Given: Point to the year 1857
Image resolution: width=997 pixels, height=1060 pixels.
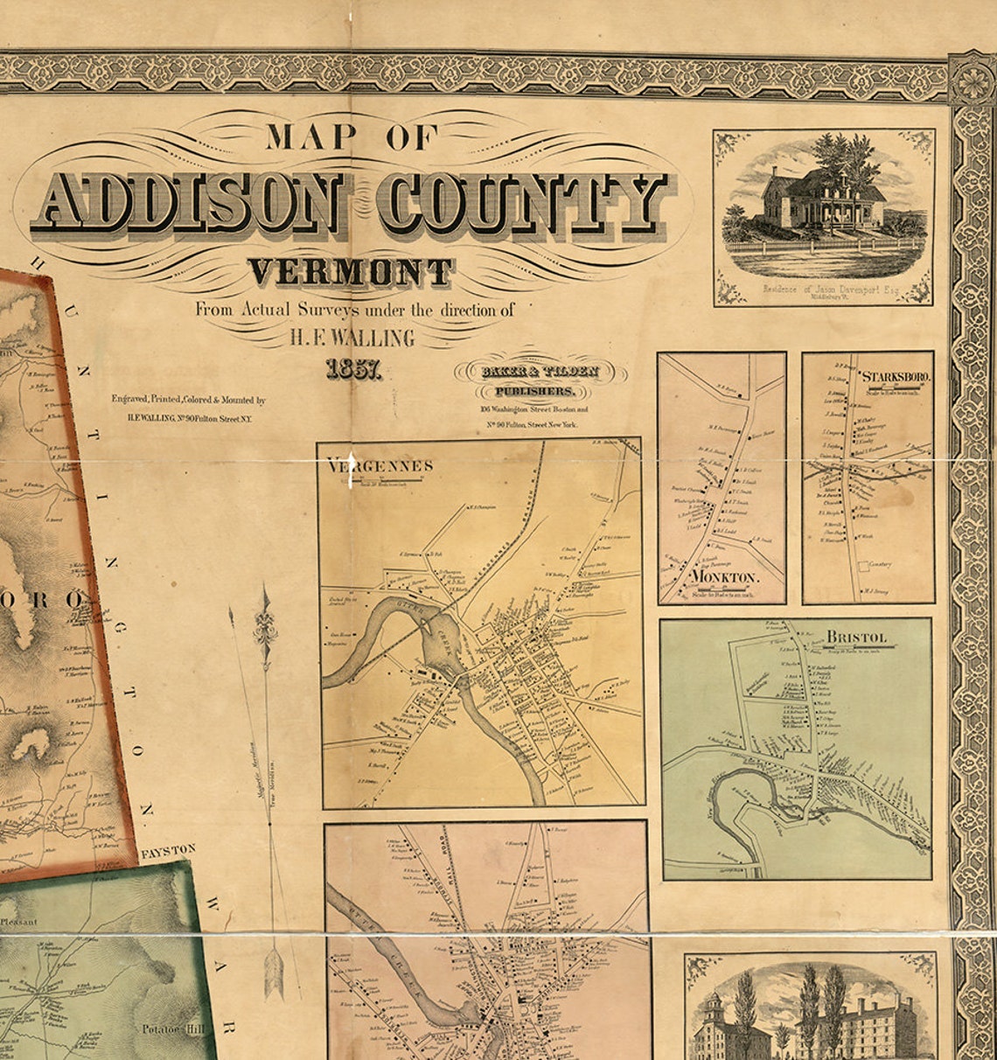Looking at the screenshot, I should [x=353, y=369].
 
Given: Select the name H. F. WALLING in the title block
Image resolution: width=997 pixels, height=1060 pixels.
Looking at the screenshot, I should [x=352, y=336].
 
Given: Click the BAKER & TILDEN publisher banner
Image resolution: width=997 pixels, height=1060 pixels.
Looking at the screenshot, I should [x=535, y=372].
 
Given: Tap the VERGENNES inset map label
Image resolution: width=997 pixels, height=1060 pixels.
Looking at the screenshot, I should [x=379, y=466].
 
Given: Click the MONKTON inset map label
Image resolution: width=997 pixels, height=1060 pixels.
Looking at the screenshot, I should [x=724, y=578].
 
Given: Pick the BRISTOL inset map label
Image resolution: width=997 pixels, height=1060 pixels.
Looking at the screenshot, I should [x=857, y=637].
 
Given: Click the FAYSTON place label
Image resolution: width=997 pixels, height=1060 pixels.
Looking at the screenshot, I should [x=168, y=850].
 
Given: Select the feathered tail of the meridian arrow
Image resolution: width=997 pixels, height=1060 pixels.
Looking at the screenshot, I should [x=275, y=971].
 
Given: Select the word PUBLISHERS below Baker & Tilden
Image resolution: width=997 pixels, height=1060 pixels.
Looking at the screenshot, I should [x=535, y=392].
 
